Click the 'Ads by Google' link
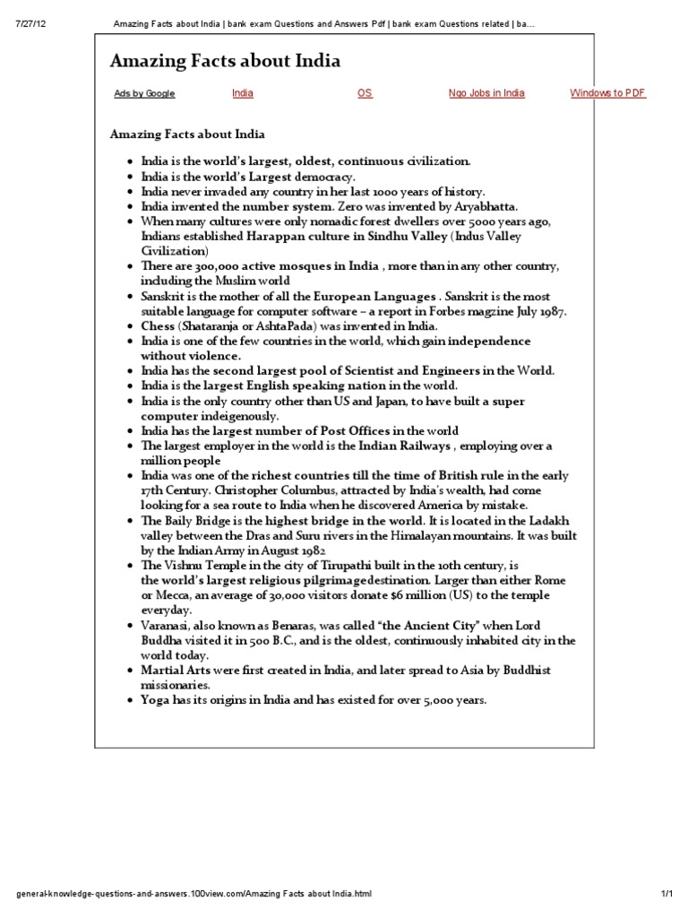(144, 94)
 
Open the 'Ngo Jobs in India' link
(486, 93)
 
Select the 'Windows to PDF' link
(607, 93)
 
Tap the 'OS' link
(365, 93)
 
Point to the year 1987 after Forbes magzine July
(553, 311)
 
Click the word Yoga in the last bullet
(155, 700)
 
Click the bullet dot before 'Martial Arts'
(131, 671)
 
